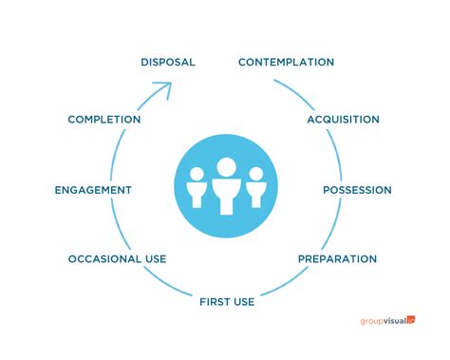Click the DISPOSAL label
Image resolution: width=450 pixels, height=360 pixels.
[168, 62]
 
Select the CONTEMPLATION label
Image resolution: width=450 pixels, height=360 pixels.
[286, 62]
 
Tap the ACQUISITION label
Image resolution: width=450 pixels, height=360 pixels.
[343, 120]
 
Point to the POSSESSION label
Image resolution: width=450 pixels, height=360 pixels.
[357, 190]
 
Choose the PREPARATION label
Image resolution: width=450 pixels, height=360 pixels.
[337, 258]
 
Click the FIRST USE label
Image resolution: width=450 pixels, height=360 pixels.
[227, 302]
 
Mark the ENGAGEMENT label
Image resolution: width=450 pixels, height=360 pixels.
[93, 190]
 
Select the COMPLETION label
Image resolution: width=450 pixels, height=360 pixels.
[104, 120]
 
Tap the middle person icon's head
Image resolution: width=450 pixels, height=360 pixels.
[225, 167]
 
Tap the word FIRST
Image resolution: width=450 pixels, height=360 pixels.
[215, 302]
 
